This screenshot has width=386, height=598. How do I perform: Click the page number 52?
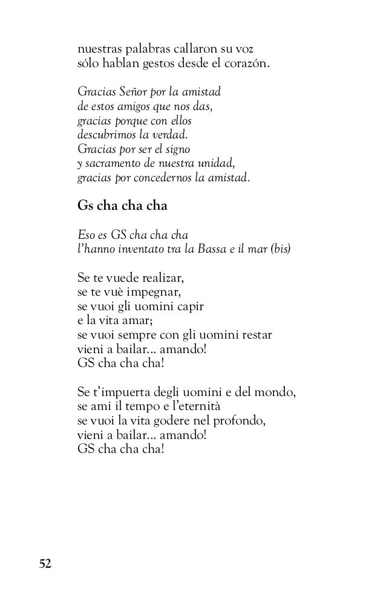pyautogui.click(x=45, y=564)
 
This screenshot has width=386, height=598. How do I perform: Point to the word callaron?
pyautogui.click(x=186, y=48)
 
